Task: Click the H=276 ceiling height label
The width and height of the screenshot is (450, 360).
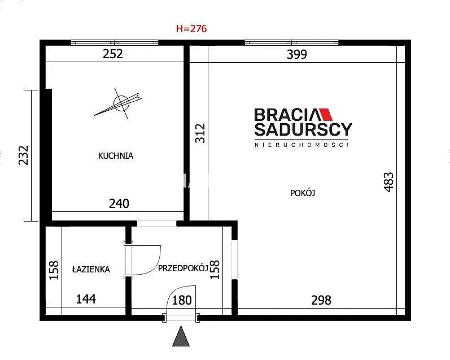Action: [191, 29]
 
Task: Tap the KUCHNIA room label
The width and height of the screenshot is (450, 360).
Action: [116, 156]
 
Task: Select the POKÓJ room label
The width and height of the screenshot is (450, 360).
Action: [303, 193]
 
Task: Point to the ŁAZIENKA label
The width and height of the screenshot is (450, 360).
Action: [91, 269]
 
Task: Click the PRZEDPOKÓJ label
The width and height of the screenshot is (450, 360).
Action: [183, 268]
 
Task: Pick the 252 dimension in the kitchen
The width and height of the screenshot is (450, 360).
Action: [113, 54]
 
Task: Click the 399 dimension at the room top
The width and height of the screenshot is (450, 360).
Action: [297, 54]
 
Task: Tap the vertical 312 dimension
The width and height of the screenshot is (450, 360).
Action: [200, 133]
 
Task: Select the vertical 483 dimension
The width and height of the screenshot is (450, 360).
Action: [388, 182]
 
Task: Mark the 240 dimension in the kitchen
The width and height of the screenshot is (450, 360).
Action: [119, 203]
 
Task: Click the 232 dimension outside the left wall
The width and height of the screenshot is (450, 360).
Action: [24, 155]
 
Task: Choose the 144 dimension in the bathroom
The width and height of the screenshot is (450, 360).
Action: [86, 299]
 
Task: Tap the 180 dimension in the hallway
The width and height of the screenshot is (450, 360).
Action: [182, 300]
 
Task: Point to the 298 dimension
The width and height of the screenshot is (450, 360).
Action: [321, 300]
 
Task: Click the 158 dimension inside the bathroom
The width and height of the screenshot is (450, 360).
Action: [54, 270]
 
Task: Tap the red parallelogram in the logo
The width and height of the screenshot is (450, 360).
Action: [326, 114]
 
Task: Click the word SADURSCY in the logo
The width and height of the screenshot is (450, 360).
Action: [303, 129]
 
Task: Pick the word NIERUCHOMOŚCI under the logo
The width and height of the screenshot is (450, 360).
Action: [302, 145]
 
